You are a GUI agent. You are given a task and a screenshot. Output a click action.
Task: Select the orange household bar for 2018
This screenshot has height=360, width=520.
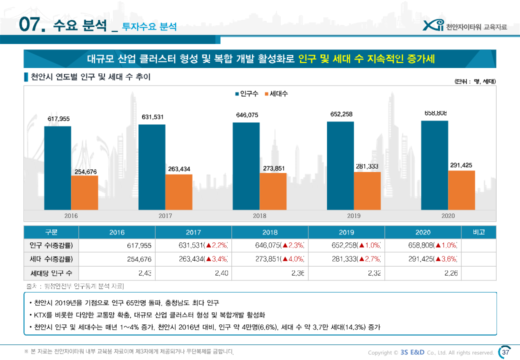[273, 191]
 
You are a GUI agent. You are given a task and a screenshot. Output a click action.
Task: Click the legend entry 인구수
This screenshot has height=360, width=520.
[246, 93]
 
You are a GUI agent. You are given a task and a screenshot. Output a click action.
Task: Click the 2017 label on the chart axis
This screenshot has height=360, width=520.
[165, 216]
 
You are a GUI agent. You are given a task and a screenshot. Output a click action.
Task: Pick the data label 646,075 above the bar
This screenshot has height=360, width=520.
[247, 115]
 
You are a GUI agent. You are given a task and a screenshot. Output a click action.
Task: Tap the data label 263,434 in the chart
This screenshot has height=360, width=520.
[179, 169]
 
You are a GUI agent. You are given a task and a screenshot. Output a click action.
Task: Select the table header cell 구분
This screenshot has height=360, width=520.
[51, 232]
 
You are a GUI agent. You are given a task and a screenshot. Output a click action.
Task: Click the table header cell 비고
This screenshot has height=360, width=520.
[478, 232]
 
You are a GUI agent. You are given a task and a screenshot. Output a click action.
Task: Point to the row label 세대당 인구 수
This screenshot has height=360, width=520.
[51, 273]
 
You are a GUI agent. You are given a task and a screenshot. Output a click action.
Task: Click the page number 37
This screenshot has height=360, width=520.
[505, 352]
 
